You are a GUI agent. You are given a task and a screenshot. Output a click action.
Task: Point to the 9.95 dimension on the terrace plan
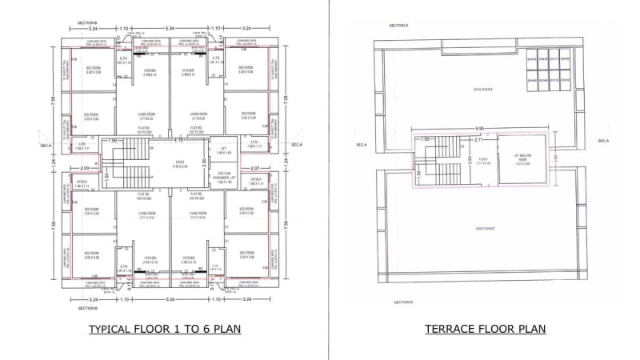[479, 128]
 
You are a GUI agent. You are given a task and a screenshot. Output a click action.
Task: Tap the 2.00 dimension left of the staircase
[84, 168]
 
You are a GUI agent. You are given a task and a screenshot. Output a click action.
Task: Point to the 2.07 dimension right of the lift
[256, 168]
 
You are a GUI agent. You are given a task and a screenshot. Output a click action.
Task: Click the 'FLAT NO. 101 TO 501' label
[145, 130]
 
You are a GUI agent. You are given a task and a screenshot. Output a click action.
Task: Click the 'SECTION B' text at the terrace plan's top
[399, 26]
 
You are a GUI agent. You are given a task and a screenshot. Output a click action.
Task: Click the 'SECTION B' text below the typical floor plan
[88, 308]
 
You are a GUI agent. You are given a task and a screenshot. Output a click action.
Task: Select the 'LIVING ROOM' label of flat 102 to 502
[195, 116]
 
